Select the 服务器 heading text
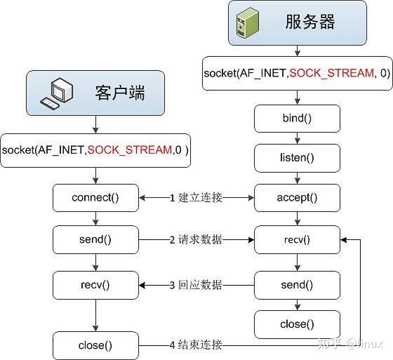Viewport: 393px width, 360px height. click(x=310, y=22)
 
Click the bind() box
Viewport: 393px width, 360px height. click(x=298, y=118)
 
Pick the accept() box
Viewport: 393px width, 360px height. click(x=298, y=198)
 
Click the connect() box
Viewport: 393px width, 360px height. click(x=95, y=198)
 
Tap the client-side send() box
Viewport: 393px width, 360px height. click(x=95, y=240)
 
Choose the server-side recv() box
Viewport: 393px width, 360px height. click(x=298, y=240)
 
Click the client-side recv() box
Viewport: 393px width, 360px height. click(x=95, y=285)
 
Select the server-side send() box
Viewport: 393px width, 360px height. click(x=298, y=285)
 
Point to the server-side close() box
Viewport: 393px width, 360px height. click(x=298, y=324)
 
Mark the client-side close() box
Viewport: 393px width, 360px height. click(x=95, y=345)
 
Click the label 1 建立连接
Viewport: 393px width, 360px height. click(x=196, y=198)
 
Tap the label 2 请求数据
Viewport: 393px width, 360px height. click(x=196, y=240)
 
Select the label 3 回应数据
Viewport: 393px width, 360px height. click(x=196, y=285)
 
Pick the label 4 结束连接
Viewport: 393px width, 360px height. click(x=196, y=345)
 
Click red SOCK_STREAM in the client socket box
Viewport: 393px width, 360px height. click(x=128, y=150)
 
